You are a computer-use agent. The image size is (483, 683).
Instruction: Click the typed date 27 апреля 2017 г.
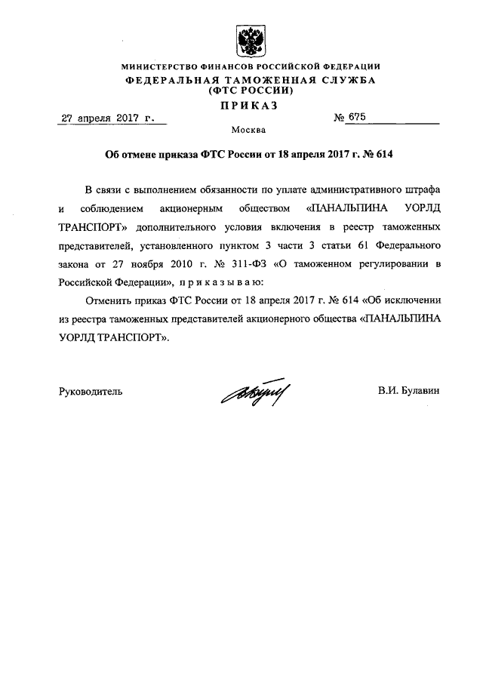106,118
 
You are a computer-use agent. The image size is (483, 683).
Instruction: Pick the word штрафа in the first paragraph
423,188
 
